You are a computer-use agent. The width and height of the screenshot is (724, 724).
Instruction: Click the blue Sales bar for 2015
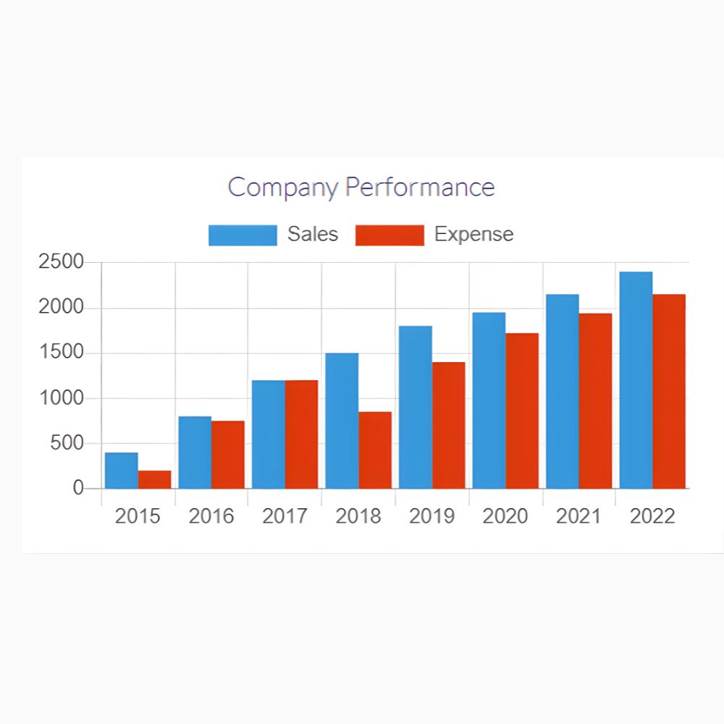(x=122, y=471)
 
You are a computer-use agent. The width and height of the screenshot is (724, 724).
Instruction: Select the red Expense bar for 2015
(x=155, y=479)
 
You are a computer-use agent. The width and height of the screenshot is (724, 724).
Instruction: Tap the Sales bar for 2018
(x=342, y=421)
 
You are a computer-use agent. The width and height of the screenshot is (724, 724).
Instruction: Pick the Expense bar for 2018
(x=375, y=450)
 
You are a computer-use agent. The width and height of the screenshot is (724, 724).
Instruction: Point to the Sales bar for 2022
(x=636, y=380)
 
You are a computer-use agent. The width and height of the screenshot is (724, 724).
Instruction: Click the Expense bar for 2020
(x=522, y=411)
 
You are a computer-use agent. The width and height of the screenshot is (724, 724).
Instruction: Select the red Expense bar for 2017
(x=301, y=434)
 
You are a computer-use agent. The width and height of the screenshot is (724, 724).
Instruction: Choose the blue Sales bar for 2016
(x=195, y=452)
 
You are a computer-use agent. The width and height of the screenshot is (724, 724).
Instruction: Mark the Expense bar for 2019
(x=449, y=425)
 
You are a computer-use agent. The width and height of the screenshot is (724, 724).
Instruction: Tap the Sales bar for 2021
(x=563, y=391)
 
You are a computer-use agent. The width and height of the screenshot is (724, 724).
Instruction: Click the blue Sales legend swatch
(x=243, y=235)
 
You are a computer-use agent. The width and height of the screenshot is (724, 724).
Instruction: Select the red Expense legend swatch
(x=390, y=235)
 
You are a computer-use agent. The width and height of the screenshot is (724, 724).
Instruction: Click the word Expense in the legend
(x=473, y=235)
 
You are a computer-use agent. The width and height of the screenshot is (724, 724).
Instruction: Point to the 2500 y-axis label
(x=62, y=262)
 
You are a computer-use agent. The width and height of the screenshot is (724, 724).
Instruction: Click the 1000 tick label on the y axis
(x=62, y=398)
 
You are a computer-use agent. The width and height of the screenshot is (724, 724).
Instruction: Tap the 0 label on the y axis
(x=78, y=489)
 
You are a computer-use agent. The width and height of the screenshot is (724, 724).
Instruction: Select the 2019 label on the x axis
(x=432, y=516)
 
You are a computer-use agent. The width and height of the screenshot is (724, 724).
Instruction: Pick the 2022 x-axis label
(x=652, y=516)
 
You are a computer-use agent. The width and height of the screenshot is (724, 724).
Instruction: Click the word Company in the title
(x=283, y=188)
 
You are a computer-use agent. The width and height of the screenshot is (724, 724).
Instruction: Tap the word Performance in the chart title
(x=420, y=188)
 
